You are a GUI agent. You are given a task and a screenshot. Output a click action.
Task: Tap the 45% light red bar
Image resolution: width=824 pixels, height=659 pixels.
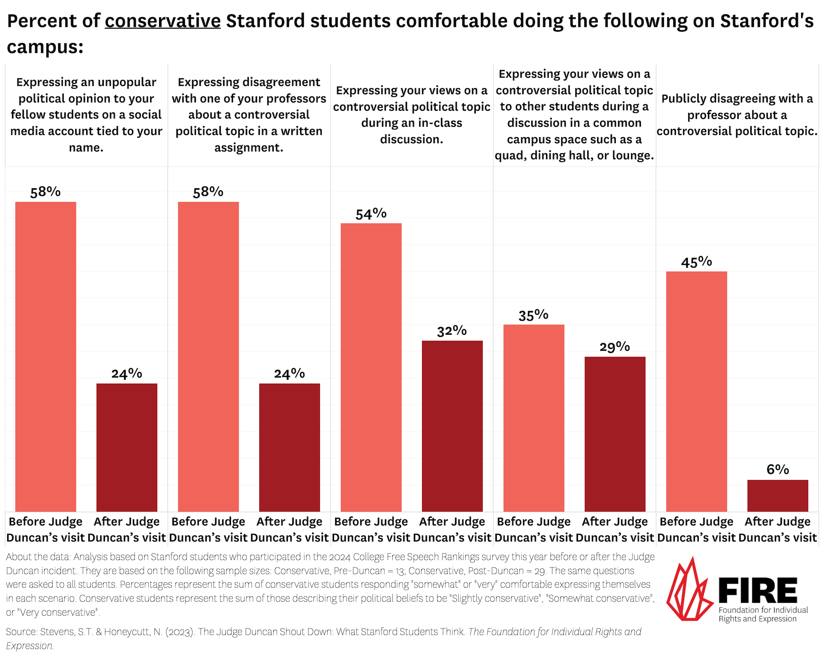pyautogui.click(x=696, y=391)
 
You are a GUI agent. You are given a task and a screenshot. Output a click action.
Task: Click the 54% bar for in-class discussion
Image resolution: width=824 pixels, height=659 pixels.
pyautogui.click(x=371, y=367)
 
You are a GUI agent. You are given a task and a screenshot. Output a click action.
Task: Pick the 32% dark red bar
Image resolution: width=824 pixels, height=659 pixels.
pyautogui.click(x=452, y=426)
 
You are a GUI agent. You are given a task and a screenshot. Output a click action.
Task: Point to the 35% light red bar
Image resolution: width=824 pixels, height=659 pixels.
pyautogui.click(x=534, y=418)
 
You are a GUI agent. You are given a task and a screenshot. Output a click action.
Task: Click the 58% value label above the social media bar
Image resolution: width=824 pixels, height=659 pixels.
pyautogui.click(x=45, y=192)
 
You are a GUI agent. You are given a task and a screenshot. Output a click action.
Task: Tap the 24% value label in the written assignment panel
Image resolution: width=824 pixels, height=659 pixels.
pyautogui.click(x=289, y=374)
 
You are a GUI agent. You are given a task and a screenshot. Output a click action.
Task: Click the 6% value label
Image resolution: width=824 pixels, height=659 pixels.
pyautogui.click(x=777, y=470)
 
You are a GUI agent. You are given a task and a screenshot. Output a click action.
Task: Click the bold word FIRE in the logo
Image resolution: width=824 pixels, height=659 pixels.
pyautogui.click(x=758, y=591)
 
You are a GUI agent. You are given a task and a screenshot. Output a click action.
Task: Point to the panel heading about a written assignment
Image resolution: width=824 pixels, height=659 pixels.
pyautogui.click(x=249, y=115)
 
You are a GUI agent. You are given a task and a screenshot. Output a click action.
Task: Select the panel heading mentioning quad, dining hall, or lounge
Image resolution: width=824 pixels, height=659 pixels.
pyautogui.click(x=574, y=115)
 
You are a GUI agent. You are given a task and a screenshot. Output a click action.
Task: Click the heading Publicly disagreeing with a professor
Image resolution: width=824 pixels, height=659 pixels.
pyautogui.click(x=737, y=115)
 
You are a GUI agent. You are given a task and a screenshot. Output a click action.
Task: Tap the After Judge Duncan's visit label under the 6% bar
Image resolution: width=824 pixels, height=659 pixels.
pyautogui.click(x=777, y=529)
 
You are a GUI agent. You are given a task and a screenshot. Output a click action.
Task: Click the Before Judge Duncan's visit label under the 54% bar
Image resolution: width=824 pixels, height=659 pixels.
pyautogui.click(x=371, y=529)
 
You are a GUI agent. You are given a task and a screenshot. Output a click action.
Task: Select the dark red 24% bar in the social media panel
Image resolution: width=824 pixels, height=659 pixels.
pyautogui.click(x=127, y=447)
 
